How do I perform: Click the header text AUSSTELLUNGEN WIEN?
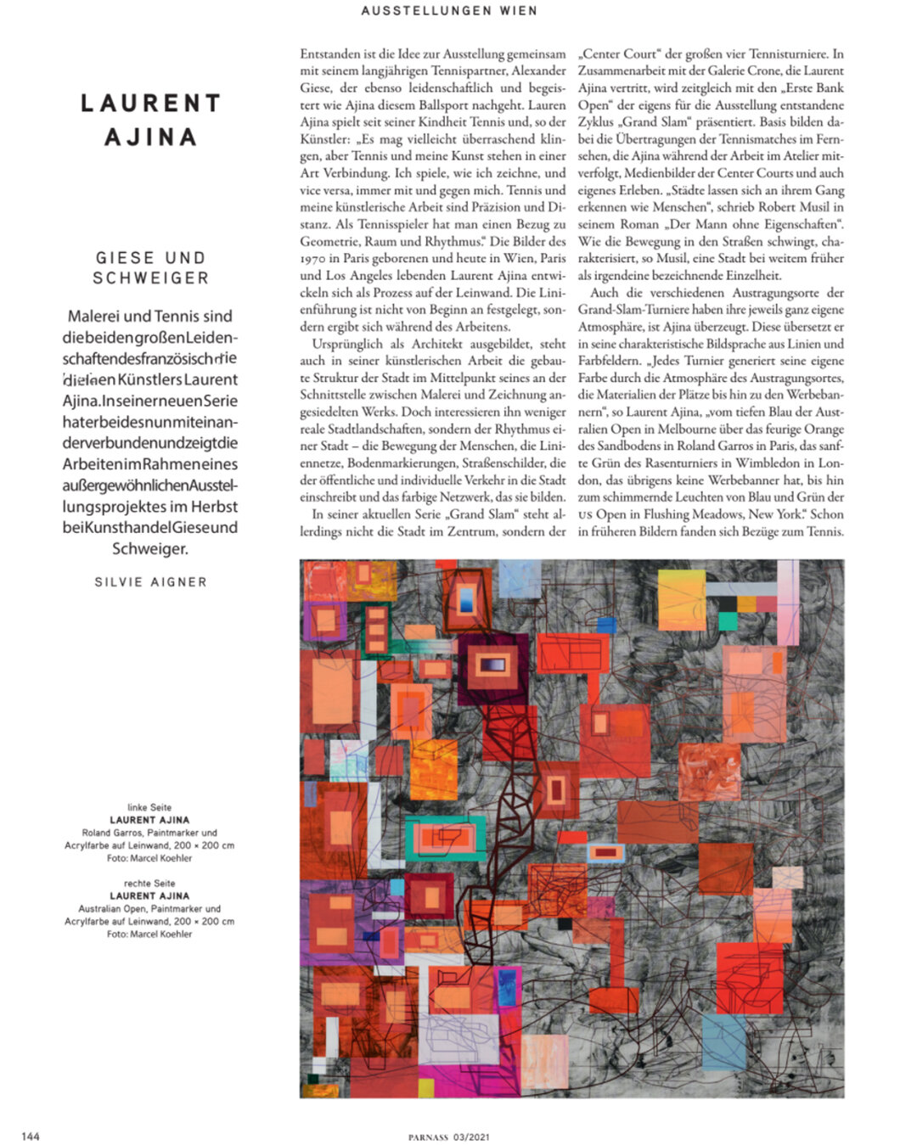448,11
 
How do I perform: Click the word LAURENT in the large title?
150,104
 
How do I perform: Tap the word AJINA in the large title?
150,138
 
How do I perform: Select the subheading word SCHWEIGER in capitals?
150,278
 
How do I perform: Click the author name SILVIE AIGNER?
150,582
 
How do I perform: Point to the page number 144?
31,1137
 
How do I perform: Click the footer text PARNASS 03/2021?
448,1137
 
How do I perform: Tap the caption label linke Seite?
149,807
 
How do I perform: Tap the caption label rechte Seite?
149,883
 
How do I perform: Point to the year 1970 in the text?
312,258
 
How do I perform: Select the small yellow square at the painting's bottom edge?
425,1087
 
